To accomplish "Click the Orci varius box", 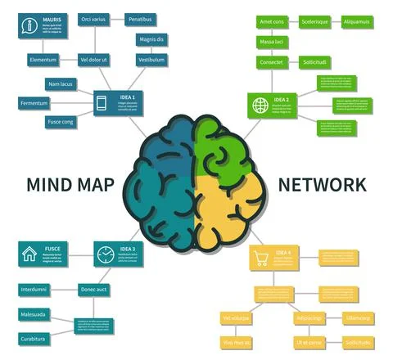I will tap(93, 19).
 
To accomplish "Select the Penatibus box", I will tap(140, 19).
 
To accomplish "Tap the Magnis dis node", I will tap(151, 39).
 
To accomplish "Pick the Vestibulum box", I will tap(151, 60).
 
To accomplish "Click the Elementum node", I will tap(43, 60).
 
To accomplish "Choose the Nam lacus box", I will tap(60, 83).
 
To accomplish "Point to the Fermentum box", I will tap(34, 102).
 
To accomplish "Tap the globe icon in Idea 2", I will tap(260, 105).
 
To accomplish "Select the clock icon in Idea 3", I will tap(104, 254).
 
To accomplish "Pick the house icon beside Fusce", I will tap(29, 253).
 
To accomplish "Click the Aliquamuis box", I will tap(356, 21).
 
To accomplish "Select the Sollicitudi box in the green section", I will tap(314, 62).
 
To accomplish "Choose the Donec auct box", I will tap(95, 290).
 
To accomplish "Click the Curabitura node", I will tap(34, 338).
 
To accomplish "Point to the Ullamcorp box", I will tap(358, 317).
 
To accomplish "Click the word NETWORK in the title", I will tap(322, 185).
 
